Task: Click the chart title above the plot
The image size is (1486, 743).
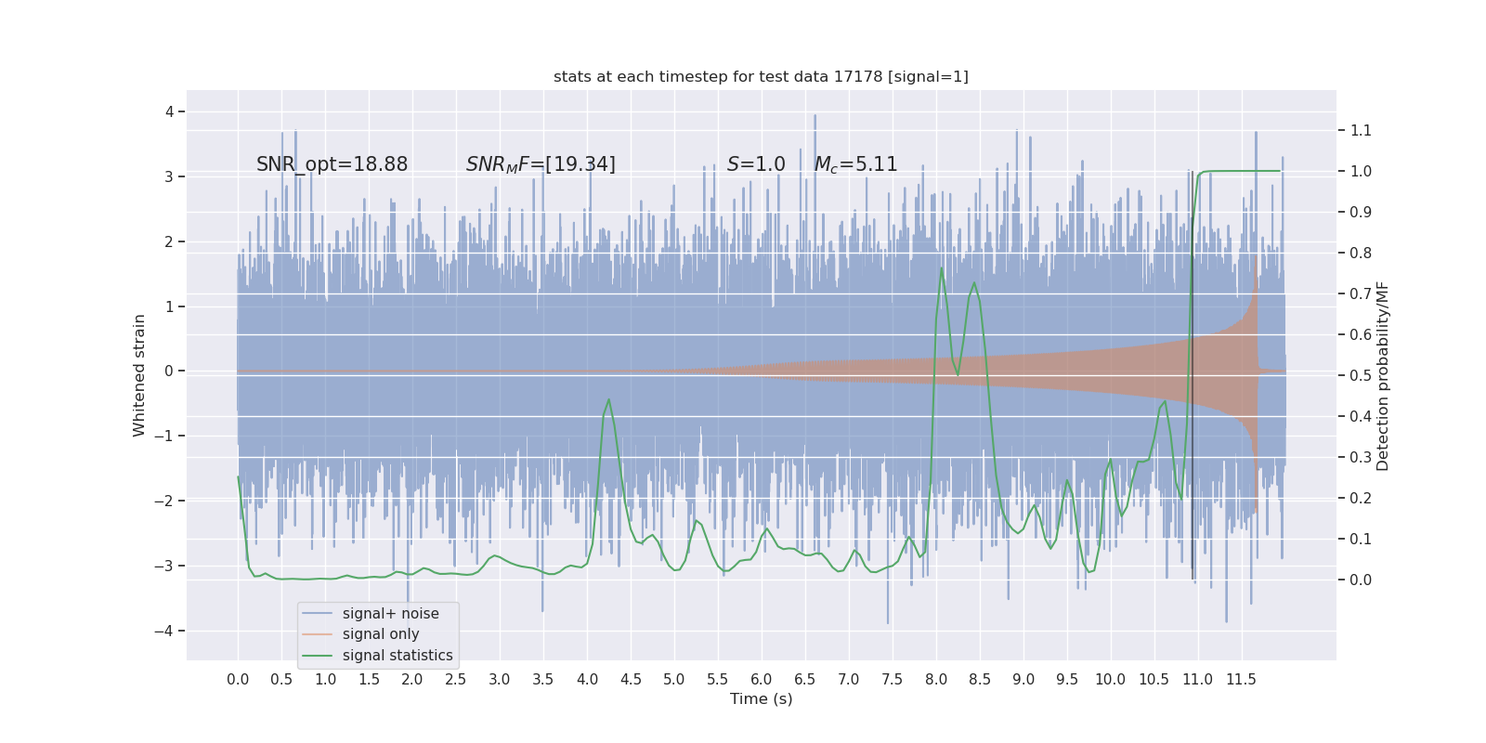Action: [761, 77]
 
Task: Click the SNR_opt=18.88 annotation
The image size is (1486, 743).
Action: [332, 164]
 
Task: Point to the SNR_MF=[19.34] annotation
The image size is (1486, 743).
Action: [541, 164]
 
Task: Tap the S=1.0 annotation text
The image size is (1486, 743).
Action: [756, 164]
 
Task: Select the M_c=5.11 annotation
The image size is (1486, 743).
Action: [855, 164]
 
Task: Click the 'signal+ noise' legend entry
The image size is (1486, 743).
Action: [390, 614]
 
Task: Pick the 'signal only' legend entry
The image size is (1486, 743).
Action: [380, 634]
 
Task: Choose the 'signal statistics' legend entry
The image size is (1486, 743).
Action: [397, 656]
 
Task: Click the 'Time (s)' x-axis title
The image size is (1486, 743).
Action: [761, 698]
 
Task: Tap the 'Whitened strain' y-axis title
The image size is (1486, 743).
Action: [139, 375]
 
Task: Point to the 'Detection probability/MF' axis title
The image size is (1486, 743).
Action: [1383, 375]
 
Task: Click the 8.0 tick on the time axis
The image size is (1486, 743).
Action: [936, 679]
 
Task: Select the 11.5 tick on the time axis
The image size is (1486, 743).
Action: [1241, 679]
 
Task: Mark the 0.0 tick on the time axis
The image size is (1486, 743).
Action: [238, 679]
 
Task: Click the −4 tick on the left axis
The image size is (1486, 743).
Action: [169, 631]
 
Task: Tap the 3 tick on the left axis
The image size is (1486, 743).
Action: [169, 176]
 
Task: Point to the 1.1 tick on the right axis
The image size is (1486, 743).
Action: [1361, 131]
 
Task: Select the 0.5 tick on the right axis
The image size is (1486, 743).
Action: [1361, 375]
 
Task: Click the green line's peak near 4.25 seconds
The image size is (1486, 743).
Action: [608, 399]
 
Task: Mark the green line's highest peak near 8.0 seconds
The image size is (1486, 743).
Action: [942, 268]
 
